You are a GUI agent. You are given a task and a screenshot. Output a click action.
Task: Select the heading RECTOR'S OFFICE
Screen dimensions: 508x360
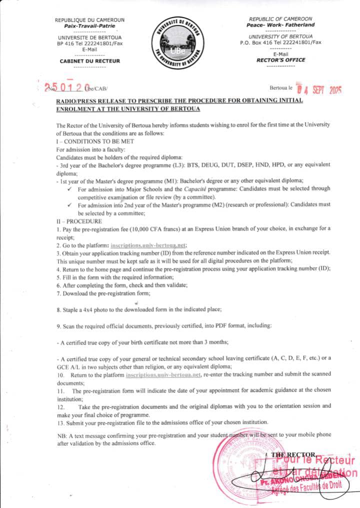point(280,59)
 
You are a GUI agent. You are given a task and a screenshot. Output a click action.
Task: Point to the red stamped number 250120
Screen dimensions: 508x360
point(66,87)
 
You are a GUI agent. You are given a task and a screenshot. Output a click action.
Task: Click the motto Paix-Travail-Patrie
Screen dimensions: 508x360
point(89,25)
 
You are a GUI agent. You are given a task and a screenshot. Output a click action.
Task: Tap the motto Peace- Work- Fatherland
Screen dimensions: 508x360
point(280,24)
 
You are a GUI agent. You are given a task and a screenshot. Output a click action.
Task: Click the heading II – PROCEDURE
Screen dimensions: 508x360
point(79,220)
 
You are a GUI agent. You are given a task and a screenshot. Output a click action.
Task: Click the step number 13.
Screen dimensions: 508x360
point(60,421)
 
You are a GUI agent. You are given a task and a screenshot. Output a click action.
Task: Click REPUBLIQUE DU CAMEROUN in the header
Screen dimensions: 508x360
point(89,19)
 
